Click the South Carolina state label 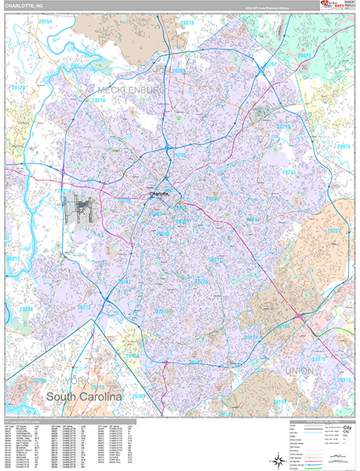[84, 397]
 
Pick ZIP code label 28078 [187, 24]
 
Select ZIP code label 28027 [304, 56]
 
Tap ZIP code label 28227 [333, 231]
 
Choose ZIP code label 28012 [13, 258]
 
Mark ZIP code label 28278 [26, 310]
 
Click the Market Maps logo [333, 8]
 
